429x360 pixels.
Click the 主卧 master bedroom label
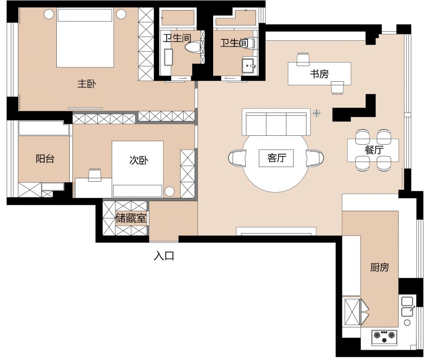[87, 84]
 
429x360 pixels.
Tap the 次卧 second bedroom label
[139, 160]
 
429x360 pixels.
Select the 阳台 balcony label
[45, 159]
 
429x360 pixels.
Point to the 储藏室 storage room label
[131, 218]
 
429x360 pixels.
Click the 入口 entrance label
[164, 256]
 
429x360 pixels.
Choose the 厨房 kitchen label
[379, 267]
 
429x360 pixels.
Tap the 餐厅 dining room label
[374, 150]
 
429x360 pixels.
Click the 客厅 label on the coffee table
[277, 158]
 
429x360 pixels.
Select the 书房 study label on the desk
[319, 74]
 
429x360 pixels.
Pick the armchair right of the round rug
[315, 158]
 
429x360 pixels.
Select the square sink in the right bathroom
[248, 66]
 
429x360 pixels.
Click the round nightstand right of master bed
[121, 14]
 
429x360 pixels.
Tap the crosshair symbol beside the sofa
[317, 113]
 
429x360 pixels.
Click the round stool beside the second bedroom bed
[170, 191]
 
